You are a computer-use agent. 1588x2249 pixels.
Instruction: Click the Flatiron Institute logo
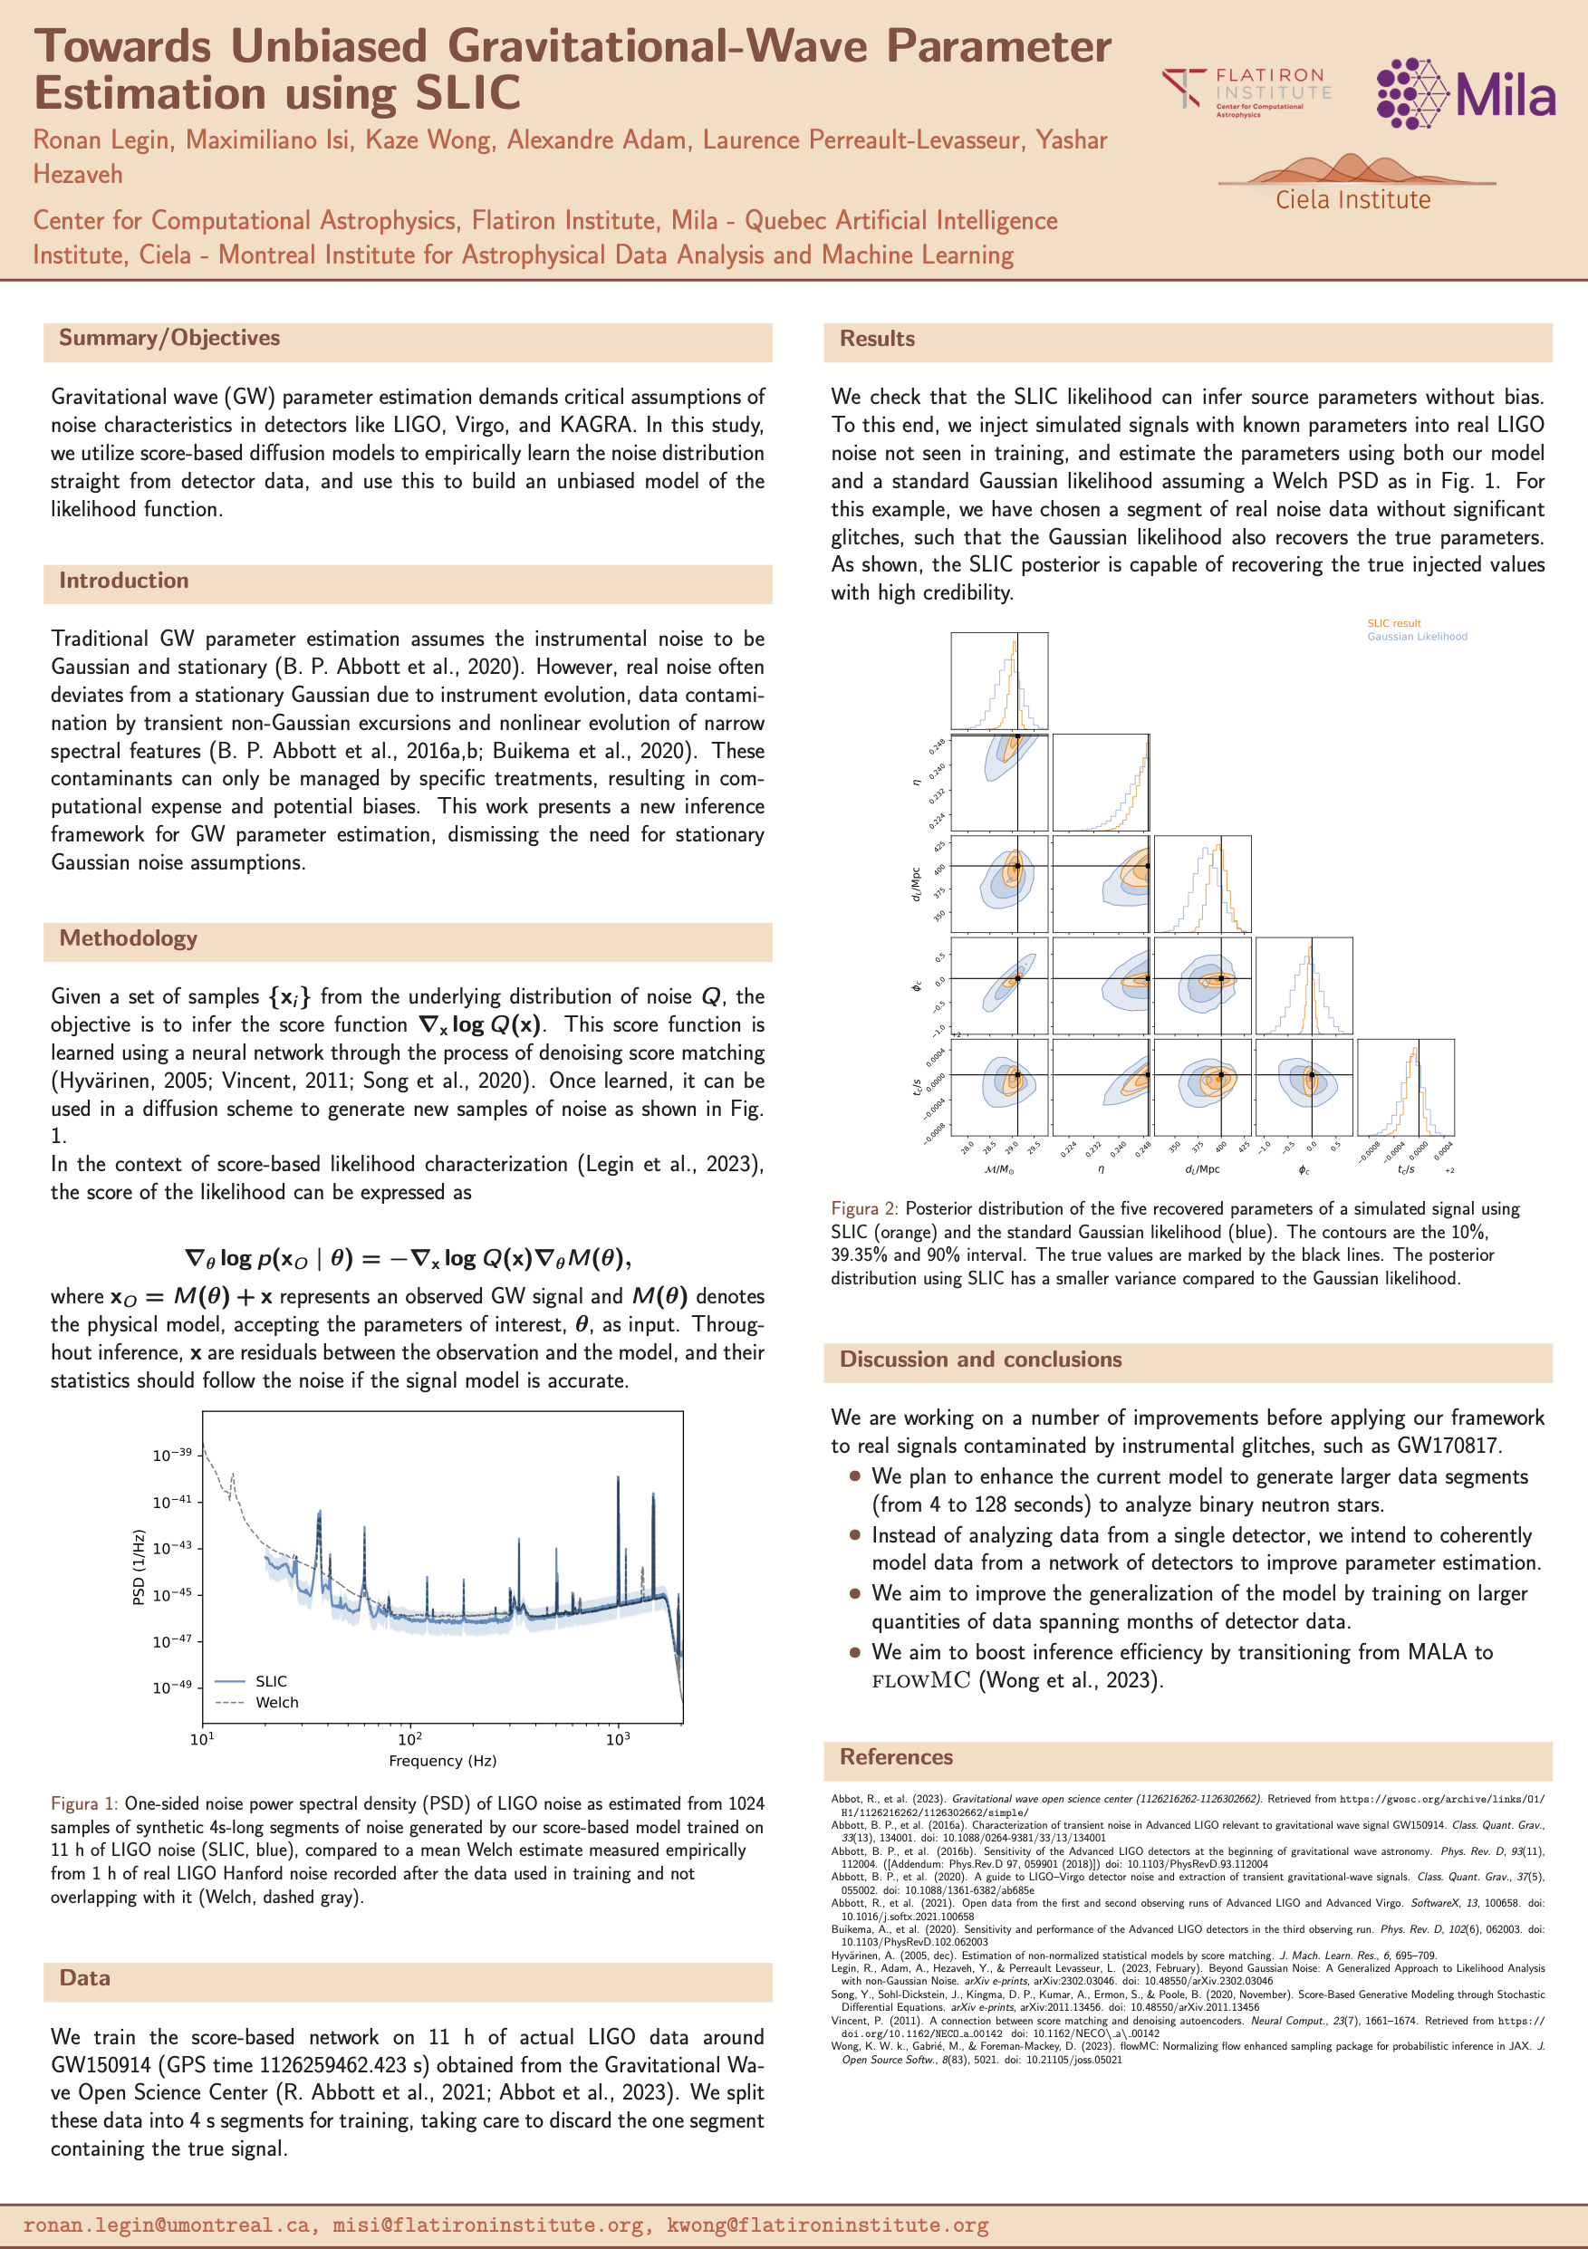point(1246,89)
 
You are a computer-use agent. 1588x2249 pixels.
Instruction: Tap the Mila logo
point(1465,93)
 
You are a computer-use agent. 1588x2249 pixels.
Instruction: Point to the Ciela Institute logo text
point(1352,200)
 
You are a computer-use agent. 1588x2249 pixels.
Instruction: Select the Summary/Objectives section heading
point(169,338)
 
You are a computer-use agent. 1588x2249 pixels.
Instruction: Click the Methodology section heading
point(129,938)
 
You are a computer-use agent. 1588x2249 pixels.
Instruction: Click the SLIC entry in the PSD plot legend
point(272,1681)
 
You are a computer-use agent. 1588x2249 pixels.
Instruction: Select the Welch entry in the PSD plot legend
point(276,1703)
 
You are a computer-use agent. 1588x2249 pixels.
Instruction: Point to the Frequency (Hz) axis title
point(442,1760)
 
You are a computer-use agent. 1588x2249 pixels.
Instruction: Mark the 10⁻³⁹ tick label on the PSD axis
point(172,1456)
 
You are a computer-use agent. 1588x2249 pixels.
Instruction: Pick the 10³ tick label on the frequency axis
point(617,1739)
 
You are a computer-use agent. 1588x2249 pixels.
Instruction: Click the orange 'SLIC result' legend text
point(1393,623)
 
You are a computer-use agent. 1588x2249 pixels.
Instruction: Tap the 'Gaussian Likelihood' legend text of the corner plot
point(1417,637)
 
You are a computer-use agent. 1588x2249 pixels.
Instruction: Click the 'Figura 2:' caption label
point(865,1209)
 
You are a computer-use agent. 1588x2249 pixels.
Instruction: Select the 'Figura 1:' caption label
point(84,1803)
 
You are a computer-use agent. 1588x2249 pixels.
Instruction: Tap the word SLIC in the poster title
point(467,94)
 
